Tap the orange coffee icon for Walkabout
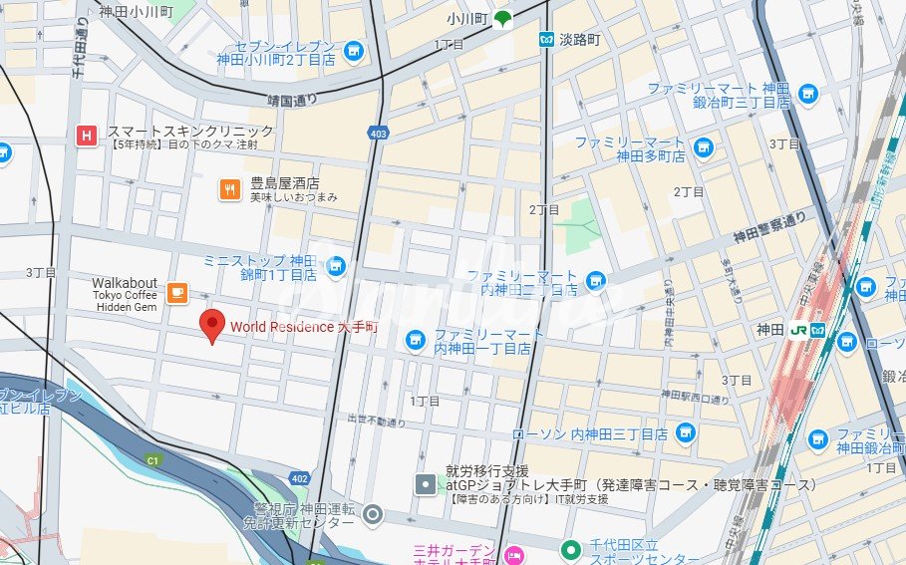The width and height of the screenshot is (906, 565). click(x=177, y=292)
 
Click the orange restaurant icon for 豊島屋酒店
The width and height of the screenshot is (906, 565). click(x=230, y=187)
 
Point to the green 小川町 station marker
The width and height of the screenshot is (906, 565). click(x=504, y=18)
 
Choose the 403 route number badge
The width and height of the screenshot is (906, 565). click(x=378, y=132)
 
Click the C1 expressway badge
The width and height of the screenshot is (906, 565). click(x=152, y=460)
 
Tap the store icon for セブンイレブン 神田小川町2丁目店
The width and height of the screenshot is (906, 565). click(x=352, y=51)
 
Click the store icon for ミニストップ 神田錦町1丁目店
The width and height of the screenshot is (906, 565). click(x=336, y=265)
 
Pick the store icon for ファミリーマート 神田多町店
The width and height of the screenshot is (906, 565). click(x=704, y=147)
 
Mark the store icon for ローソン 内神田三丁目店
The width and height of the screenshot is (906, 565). click(x=684, y=432)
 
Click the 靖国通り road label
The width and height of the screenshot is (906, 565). click(x=292, y=100)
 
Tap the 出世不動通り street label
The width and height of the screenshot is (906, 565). click(x=377, y=422)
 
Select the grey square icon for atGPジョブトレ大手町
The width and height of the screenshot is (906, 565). click(x=426, y=485)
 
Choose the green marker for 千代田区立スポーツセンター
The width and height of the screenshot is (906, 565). click(x=570, y=549)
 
